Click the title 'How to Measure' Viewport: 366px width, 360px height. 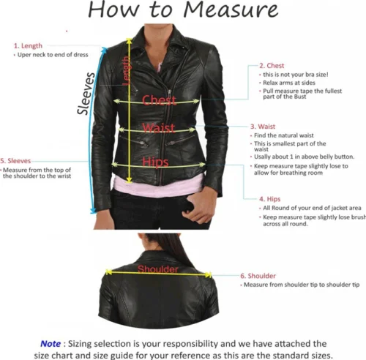coord(183,10)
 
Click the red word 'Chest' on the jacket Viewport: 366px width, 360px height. coord(160,100)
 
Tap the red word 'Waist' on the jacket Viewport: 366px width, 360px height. coord(158,129)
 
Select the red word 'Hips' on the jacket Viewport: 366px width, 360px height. coord(155,161)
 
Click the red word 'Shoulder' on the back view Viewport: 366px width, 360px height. coord(158,270)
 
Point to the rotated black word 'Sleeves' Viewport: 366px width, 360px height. coord(87,93)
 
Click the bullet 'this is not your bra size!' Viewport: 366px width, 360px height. coord(296,74)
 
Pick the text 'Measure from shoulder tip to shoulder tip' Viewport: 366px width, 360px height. coord(301,284)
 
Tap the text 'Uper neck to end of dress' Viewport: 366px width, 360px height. coord(52,54)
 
